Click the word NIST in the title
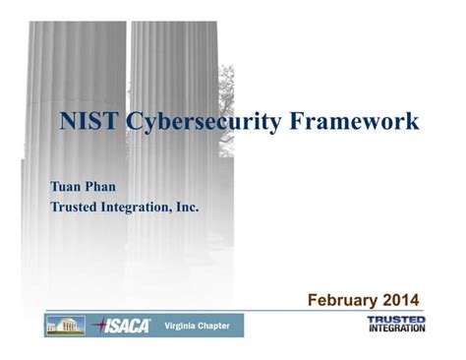[85, 122]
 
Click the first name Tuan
[68, 187]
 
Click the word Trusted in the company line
[76, 207]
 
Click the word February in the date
[343, 299]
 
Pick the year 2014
[401, 299]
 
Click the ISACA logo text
[127, 326]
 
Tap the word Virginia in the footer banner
[184, 326]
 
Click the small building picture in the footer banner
[66, 326]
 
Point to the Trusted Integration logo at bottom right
[396, 324]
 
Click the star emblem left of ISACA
[100, 326]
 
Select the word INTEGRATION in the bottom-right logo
[396, 329]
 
